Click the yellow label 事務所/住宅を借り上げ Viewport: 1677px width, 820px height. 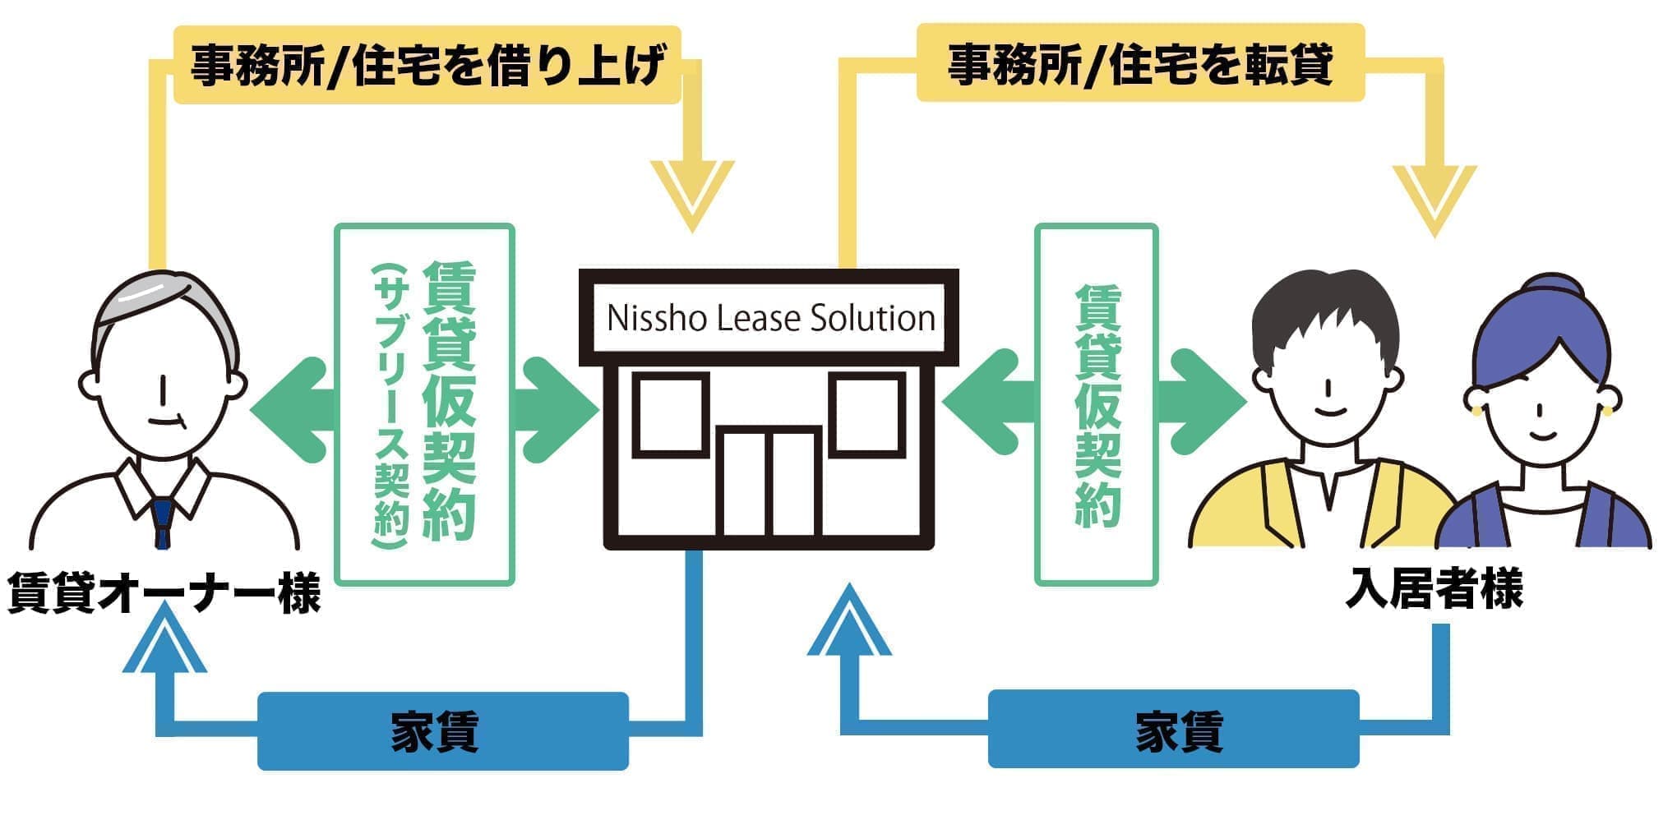[427, 66]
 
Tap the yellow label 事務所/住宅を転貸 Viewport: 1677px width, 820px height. [1140, 64]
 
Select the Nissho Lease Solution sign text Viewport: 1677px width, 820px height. [770, 318]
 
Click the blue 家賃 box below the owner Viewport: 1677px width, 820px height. [442, 731]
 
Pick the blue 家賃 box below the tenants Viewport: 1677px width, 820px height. [1173, 730]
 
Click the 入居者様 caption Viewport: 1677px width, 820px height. [1434, 588]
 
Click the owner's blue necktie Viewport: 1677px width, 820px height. [163, 518]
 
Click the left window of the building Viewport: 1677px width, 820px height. [670, 415]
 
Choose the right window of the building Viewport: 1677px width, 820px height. [866, 415]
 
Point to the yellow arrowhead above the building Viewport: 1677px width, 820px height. [692, 193]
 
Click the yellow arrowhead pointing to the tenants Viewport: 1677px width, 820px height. [1434, 197]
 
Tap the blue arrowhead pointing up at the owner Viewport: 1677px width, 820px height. [164, 645]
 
